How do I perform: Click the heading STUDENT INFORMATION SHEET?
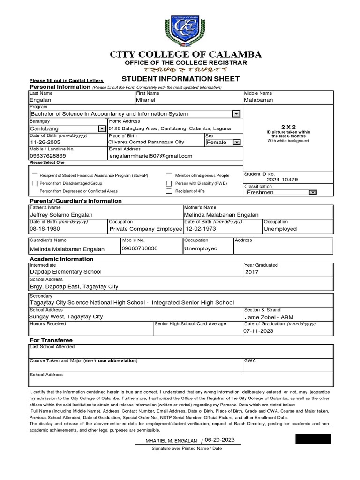click(x=180, y=78)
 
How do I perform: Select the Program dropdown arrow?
click(x=236, y=114)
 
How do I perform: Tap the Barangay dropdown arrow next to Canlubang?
click(x=102, y=128)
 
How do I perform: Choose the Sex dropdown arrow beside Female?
click(x=236, y=142)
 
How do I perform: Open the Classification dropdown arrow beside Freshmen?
click(x=313, y=192)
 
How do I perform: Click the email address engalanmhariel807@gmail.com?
click(x=150, y=156)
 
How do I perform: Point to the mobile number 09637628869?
click(x=48, y=156)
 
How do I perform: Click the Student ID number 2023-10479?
click(x=282, y=180)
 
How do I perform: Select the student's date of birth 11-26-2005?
click(x=46, y=142)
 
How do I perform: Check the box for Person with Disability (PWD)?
click(x=169, y=183)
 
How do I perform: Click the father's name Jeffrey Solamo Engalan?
click(x=61, y=215)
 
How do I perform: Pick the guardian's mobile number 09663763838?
click(x=139, y=248)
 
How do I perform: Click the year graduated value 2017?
click(x=251, y=272)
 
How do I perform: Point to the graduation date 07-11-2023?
click(x=258, y=331)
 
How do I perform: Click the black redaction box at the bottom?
click(x=313, y=439)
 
